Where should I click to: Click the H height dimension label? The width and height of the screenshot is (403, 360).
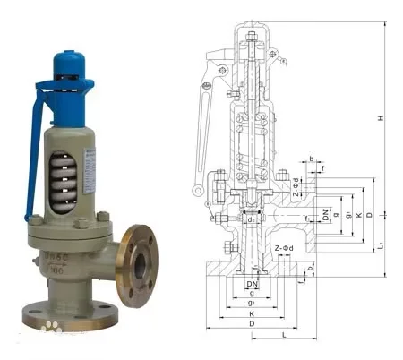click(380, 119)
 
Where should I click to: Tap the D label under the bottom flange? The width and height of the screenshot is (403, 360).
click(252, 323)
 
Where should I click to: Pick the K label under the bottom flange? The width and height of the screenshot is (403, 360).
click(252, 313)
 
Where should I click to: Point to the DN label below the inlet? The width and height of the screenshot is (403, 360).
click(252, 283)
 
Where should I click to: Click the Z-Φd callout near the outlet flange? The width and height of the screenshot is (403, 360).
click(299, 193)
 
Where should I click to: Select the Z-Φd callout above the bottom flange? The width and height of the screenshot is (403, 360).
click(285, 246)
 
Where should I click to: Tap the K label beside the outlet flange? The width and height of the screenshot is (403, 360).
click(357, 215)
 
